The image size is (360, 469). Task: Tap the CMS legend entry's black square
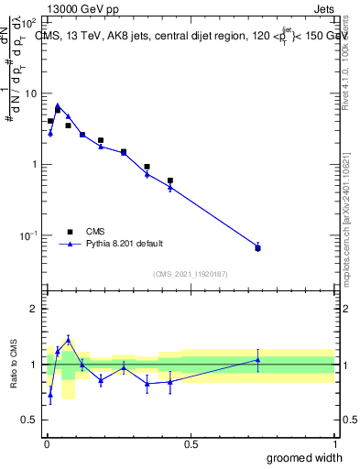click(69, 232)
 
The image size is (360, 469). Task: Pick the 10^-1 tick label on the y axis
click(29, 235)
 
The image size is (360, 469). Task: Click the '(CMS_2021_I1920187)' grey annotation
click(190, 274)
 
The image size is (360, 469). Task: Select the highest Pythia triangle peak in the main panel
click(58, 105)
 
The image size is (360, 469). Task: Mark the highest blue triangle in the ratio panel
click(68, 339)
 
